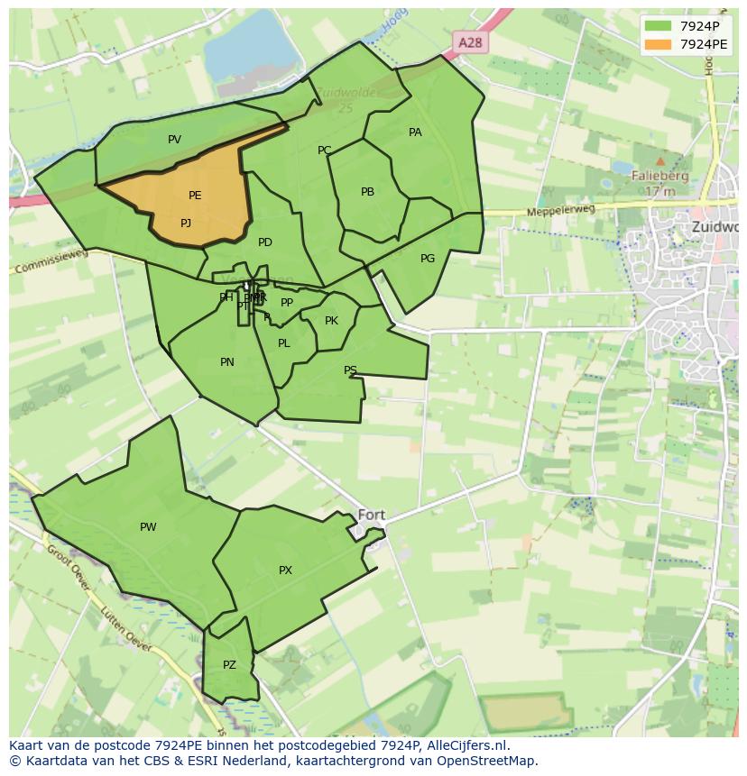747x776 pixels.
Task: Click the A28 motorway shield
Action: coord(469,42)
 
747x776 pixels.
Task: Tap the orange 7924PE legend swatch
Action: coord(659,44)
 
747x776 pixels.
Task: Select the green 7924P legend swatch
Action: coord(659,26)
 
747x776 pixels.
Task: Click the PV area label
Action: coord(175,140)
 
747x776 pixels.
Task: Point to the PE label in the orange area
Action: coord(195,196)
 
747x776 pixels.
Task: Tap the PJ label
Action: coord(186,224)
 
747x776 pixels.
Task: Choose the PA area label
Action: coord(415,132)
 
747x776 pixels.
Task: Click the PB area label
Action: coord(367,192)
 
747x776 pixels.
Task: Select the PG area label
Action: coord(428,259)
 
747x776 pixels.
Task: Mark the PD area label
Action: coord(265,242)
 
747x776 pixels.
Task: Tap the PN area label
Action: coord(227,362)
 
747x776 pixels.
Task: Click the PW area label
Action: coord(148,527)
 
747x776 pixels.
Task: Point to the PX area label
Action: coord(285,571)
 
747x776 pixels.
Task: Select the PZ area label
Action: coord(229,665)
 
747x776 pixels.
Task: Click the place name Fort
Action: coord(372,516)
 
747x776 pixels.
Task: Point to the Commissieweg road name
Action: coord(51,260)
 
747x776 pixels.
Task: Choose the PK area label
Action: coord(331,321)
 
